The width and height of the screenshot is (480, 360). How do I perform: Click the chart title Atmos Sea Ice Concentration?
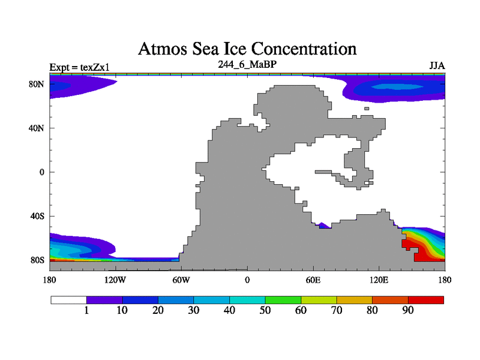click(247, 49)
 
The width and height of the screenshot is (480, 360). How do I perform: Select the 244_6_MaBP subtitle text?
click(247, 64)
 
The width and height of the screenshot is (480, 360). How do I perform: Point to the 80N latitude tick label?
click(37, 84)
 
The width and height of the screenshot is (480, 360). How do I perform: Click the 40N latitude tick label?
click(37, 128)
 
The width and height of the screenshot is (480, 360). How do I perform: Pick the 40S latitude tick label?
click(37, 216)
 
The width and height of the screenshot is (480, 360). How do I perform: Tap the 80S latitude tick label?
click(37, 260)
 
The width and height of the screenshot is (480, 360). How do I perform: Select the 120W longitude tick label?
click(115, 280)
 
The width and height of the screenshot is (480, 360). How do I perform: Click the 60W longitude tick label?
click(181, 280)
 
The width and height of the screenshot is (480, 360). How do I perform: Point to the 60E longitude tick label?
click(313, 280)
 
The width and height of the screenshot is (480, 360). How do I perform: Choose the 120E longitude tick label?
click(379, 280)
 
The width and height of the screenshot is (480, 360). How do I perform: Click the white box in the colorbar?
click(68, 299)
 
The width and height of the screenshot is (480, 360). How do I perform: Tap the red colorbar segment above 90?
click(426, 299)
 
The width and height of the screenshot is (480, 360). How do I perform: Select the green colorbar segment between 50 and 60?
click(283, 299)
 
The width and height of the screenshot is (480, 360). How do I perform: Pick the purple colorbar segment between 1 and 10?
click(104, 299)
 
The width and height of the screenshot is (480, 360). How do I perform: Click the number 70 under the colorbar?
click(337, 310)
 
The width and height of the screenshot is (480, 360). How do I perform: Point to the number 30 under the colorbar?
click(194, 310)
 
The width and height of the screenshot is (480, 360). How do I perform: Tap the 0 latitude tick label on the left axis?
click(41, 172)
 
